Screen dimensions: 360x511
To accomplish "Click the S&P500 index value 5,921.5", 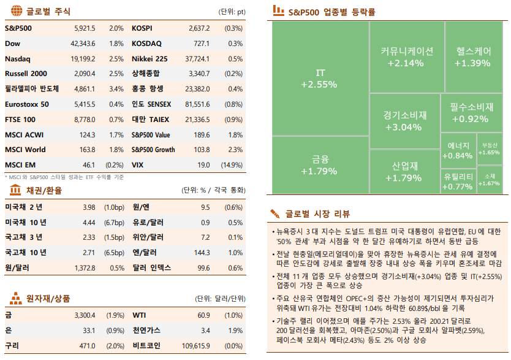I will pos(85,28).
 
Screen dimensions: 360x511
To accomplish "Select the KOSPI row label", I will pos(142,28).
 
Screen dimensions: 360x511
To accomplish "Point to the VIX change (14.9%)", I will pos(232,165).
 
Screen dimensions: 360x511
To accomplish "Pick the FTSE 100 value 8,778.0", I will pos(85,120).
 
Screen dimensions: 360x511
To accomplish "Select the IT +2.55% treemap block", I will pos(319,79).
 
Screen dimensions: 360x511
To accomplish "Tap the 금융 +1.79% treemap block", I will pos(319,166).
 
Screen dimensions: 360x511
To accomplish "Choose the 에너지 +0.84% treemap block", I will pos(457,150).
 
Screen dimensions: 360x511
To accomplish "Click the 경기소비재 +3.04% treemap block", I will pos(404,121).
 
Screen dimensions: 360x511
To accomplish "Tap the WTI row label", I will pos(139,315).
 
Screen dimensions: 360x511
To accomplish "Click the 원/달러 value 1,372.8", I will pos(85,268).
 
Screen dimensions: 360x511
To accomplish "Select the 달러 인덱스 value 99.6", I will pos(204,268).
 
